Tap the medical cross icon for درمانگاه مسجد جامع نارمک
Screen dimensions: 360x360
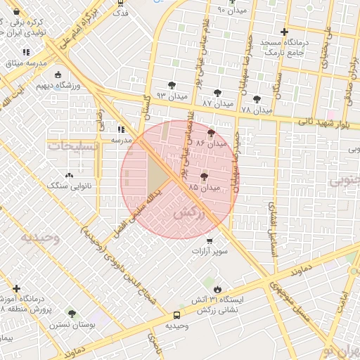[283, 32]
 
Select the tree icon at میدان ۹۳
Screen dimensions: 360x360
[172, 85]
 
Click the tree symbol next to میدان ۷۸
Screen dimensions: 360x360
[257, 99]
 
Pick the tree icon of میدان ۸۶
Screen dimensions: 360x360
[212, 131]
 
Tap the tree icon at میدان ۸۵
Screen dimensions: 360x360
[205, 176]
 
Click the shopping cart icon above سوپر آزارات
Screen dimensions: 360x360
[210, 240]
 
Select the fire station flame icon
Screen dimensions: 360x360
[217, 289]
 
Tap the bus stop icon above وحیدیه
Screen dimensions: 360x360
[176, 315]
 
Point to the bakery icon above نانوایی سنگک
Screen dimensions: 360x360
[68, 175]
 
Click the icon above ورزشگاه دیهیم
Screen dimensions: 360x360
[58, 75]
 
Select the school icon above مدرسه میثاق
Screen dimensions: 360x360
[26, 52]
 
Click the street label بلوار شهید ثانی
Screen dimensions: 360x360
[321, 122]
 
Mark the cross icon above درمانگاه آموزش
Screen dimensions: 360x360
[16, 288]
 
